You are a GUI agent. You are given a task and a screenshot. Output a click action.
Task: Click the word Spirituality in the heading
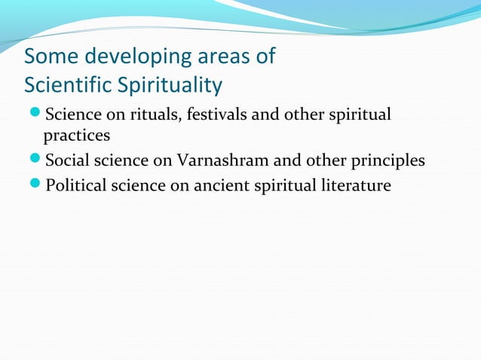click(170, 85)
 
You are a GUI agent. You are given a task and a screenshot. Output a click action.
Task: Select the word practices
click(77, 136)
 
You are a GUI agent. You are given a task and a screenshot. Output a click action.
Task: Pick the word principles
click(386, 160)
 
